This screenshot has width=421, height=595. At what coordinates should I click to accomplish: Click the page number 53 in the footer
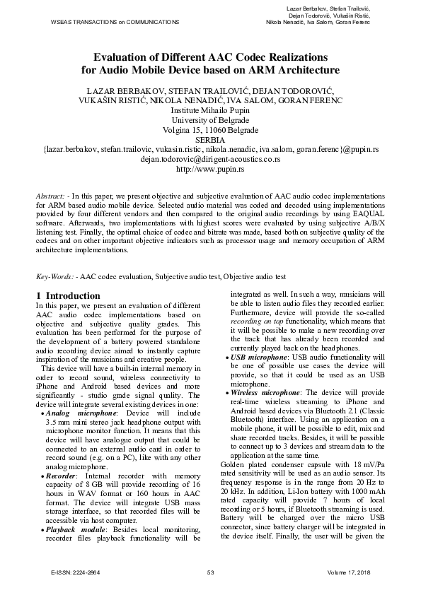210,572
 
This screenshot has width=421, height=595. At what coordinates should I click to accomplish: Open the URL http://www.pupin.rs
210,170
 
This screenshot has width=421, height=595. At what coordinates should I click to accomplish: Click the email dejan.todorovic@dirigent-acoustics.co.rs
210,160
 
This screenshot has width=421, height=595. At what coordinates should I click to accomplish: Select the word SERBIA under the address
209,140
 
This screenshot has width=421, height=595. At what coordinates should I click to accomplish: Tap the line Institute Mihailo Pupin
210,110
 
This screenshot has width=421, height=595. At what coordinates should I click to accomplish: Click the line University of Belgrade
210,120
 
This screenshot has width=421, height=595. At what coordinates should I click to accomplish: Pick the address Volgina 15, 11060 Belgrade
210,130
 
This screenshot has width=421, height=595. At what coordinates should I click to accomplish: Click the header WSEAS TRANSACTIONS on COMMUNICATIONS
115,23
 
